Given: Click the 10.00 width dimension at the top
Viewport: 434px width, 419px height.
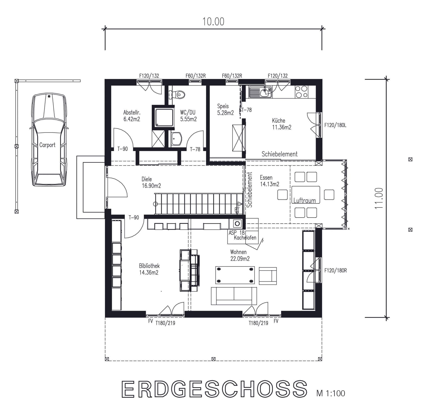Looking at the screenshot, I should click(x=213, y=22).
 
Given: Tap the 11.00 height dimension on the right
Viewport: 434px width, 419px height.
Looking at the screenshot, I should click(x=379, y=198).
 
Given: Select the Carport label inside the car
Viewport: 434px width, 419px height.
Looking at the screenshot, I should click(x=47, y=145).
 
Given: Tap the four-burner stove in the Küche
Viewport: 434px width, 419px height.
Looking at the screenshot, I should click(x=301, y=92).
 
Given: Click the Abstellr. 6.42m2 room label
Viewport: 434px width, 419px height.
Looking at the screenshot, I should click(x=131, y=116).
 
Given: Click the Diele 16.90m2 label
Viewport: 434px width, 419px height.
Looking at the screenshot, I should click(x=151, y=182).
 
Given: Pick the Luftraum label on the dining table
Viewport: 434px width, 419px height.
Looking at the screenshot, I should click(x=305, y=201).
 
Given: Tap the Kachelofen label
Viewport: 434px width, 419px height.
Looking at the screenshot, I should click(x=245, y=238).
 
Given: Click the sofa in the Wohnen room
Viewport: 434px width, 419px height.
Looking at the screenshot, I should click(x=234, y=296).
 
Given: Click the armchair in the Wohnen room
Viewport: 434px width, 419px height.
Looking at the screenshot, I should click(x=268, y=276).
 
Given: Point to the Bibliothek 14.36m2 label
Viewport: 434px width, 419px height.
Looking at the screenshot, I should click(x=149, y=269).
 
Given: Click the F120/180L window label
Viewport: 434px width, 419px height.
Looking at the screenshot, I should click(x=335, y=125).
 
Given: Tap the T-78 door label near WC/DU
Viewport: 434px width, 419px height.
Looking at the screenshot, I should click(x=195, y=149).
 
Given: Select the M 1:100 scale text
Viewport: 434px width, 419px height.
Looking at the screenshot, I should click(x=331, y=393).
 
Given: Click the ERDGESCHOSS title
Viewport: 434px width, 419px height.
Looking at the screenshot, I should click(x=214, y=389).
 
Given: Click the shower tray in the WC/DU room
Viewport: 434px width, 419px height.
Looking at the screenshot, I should click(x=164, y=118).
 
